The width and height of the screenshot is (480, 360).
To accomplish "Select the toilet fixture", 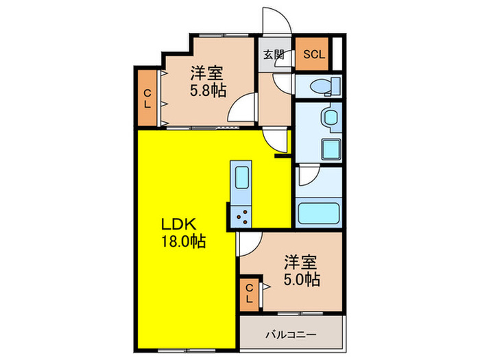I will [x=323, y=86].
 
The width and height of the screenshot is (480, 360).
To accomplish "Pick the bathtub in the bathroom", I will [x=320, y=213].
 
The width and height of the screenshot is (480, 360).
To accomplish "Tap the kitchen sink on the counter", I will [x=242, y=180].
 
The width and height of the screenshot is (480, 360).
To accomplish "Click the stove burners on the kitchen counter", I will [x=242, y=217].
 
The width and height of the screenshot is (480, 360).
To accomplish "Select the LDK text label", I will [x=180, y=224].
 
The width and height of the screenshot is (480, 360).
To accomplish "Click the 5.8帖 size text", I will [x=208, y=89].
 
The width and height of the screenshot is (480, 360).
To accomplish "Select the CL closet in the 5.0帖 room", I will [x=250, y=294].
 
